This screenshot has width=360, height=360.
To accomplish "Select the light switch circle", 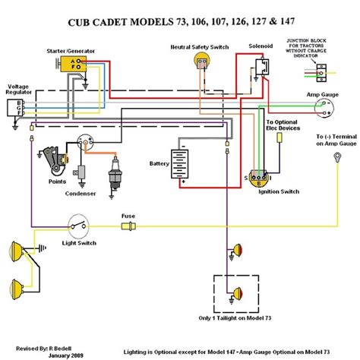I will (x=76, y=226).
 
